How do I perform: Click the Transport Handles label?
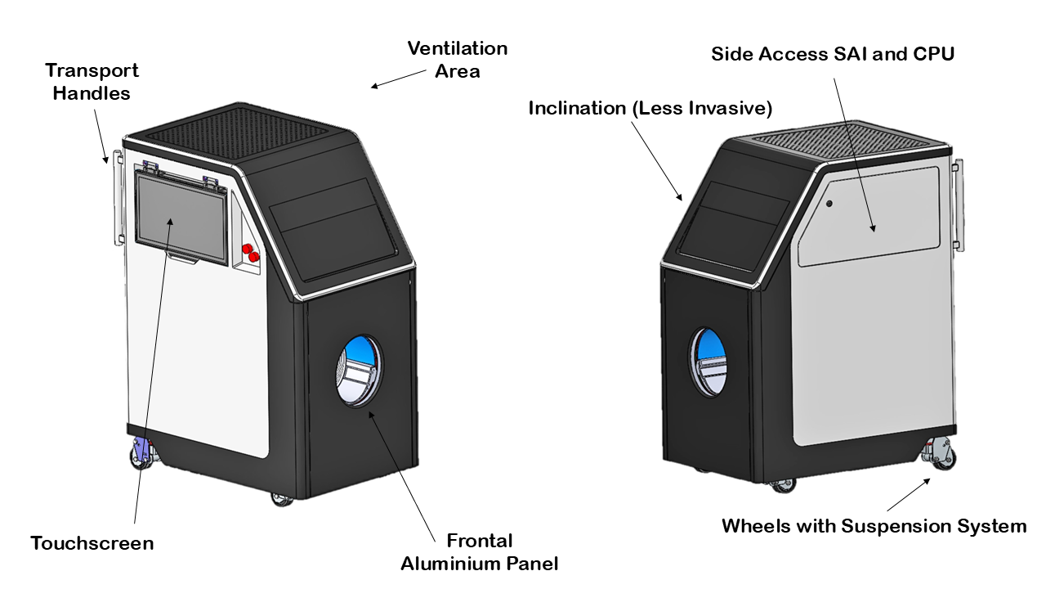[92, 81]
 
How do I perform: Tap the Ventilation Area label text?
[458, 60]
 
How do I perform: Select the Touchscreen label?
[92, 543]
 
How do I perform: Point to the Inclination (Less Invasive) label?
[650, 108]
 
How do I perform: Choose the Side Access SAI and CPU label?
[833, 54]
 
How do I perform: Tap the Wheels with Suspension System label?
[874, 525]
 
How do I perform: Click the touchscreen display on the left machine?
[181, 219]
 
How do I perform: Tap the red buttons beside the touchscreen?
[250, 252]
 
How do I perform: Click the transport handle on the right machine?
[958, 205]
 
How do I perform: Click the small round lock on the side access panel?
[829, 204]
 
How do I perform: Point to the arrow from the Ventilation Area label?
[398, 79]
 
